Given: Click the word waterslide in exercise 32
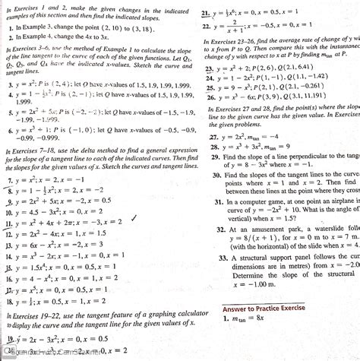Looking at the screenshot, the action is pos(330,229).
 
